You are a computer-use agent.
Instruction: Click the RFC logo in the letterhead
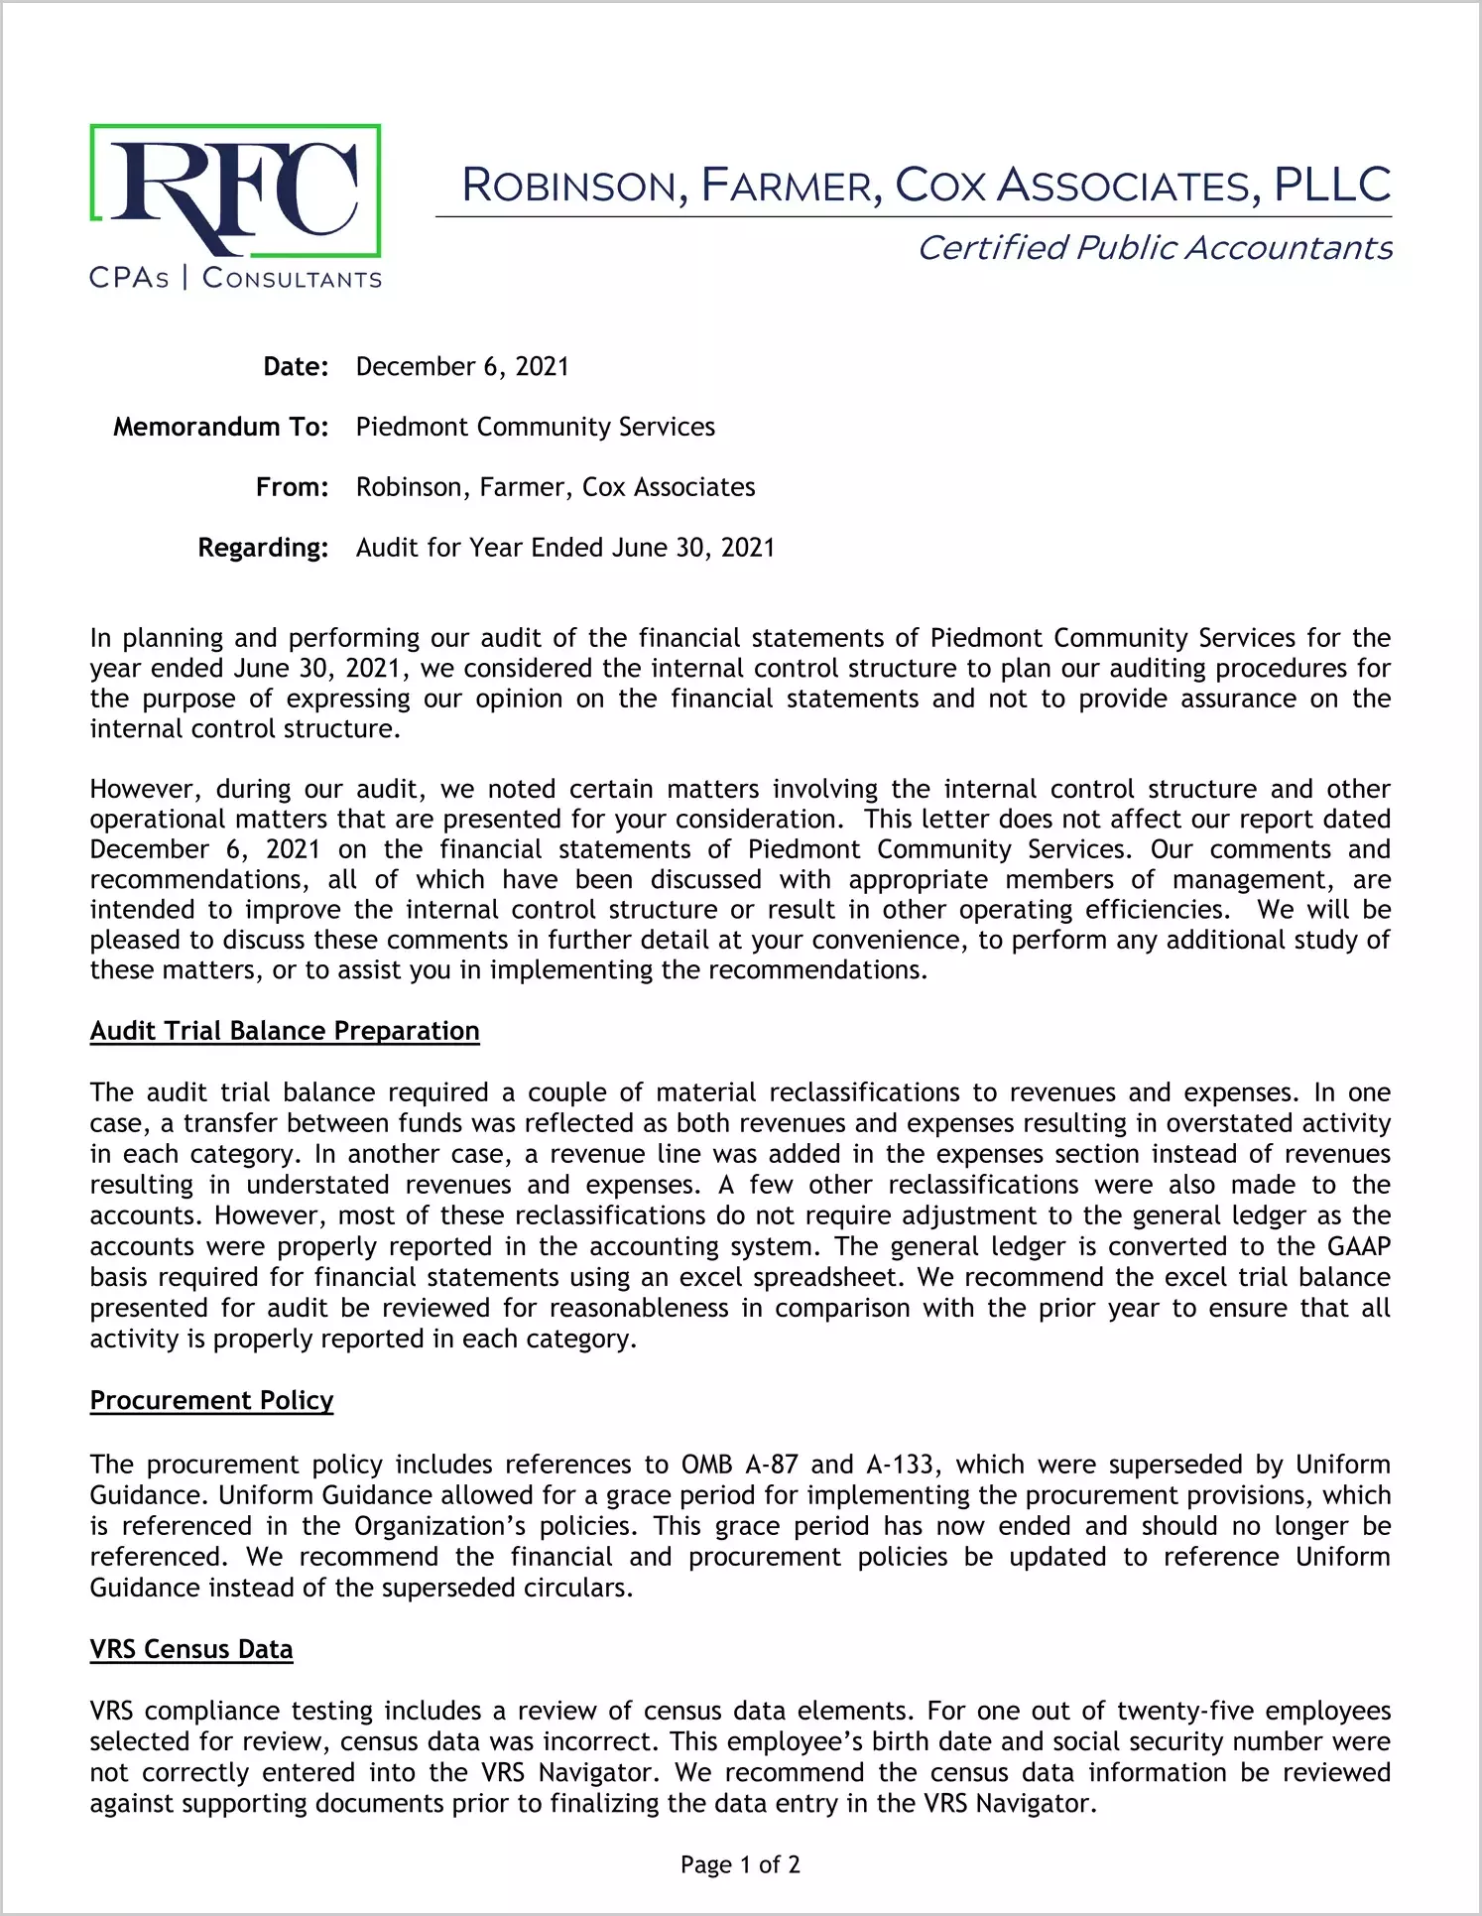235,191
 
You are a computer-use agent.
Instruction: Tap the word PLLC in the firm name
1332,186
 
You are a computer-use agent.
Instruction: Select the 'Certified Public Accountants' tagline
1155,248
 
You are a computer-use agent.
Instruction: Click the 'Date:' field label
296,367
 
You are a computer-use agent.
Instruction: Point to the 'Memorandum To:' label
220,428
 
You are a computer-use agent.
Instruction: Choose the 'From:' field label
292,488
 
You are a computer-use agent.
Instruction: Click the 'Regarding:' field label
263,549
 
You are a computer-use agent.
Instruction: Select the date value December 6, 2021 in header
462,367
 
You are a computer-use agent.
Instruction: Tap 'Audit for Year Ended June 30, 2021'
565,549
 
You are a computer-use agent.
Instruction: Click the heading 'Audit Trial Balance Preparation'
285,1032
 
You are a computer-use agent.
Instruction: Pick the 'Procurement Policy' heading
211,1401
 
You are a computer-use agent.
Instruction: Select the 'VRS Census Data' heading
191,1650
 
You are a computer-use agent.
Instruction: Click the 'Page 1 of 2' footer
740,1865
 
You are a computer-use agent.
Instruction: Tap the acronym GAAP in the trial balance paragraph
1359,1247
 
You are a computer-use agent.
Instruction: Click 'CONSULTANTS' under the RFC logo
292,279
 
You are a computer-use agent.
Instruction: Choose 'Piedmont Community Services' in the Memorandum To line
536,428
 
